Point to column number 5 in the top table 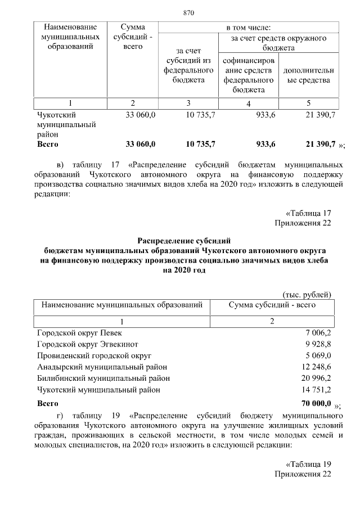[x=308, y=103]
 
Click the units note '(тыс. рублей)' [x=307, y=294]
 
